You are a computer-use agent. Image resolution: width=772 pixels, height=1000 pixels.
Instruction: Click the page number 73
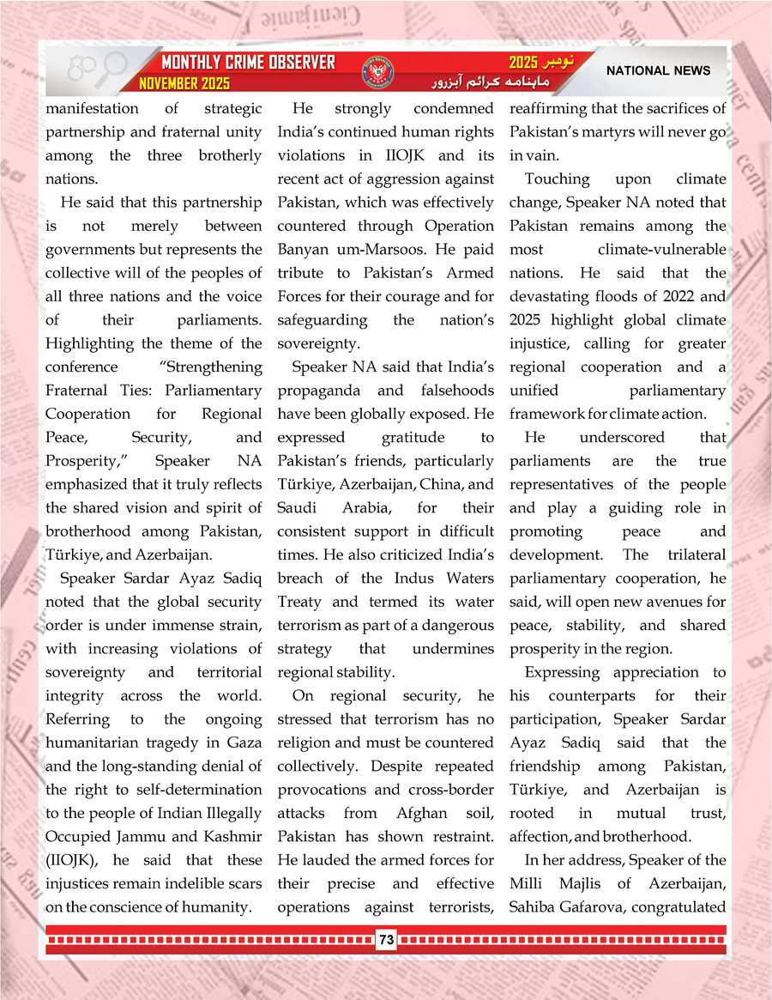386,940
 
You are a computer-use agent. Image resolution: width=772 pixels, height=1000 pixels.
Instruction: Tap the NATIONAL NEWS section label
658,70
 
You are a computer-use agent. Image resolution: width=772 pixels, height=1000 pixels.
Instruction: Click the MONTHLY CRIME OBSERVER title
249,63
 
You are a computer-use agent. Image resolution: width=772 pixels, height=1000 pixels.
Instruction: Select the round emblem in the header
374,72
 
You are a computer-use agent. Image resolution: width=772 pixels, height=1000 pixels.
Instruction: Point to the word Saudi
297,508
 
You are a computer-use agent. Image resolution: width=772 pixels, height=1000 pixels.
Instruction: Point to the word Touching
558,179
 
